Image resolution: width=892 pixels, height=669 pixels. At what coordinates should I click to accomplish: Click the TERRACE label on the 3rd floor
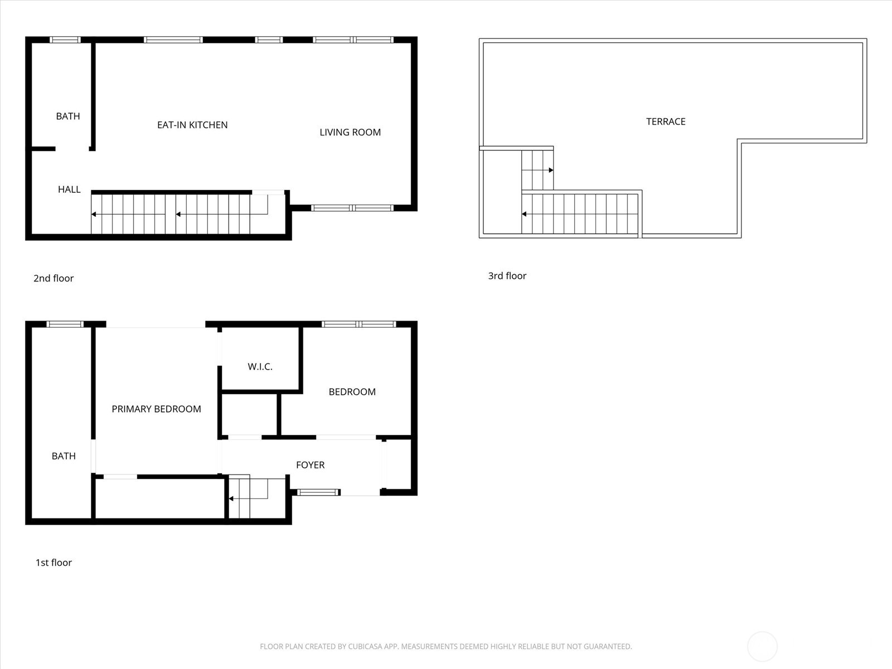pyautogui.click(x=666, y=122)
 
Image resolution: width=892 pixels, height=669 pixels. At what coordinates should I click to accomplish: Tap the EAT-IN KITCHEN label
pyautogui.click(x=192, y=125)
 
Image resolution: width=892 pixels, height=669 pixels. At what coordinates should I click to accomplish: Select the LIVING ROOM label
pyautogui.click(x=350, y=132)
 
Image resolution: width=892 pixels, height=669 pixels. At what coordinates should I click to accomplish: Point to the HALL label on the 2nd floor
pyautogui.click(x=69, y=190)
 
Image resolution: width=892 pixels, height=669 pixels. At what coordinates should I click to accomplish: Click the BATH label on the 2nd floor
pyautogui.click(x=68, y=116)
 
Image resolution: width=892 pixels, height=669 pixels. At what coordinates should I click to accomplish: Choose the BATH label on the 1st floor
pyautogui.click(x=64, y=456)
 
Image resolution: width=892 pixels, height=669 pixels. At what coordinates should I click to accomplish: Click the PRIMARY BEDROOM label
pyautogui.click(x=156, y=409)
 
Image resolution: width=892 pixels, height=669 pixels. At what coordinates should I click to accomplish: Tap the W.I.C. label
pyautogui.click(x=260, y=367)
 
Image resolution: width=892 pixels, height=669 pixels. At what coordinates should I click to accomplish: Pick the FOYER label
pyautogui.click(x=310, y=465)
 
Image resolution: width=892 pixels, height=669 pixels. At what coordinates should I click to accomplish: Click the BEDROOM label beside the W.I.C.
pyautogui.click(x=352, y=392)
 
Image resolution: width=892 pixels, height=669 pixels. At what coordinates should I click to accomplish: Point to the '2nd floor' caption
pyautogui.click(x=54, y=278)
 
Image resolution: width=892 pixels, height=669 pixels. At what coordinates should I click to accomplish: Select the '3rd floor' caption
pyautogui.click(x=507, y=275)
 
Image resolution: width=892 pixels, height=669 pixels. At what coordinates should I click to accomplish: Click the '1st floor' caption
pyautogui.click(x=54, y=563)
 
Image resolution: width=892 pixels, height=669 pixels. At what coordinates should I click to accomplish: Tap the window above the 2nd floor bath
pyautogui.click(x=65, y=40)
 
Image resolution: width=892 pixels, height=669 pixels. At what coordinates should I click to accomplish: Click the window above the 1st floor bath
pyautogui.click(x=65, y=324)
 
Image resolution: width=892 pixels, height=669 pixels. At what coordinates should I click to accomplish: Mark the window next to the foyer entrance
pyautogui.click(x=318, y=492)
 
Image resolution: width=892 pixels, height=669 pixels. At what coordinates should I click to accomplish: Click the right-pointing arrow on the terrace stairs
pyautogui.click(x=551, y=170)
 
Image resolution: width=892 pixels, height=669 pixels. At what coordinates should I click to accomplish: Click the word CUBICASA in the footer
pyautogui.click(x=367, y=647)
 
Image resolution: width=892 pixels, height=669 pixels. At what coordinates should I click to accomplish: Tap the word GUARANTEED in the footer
pyautogui.click(x=606, y=647)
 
